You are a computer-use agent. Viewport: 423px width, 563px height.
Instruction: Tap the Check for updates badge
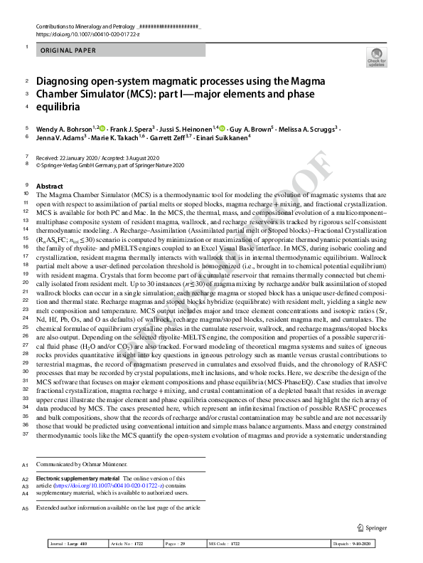click(x=377, y=57)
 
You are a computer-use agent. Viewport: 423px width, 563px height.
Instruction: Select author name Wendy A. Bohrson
click(x=63, y=128)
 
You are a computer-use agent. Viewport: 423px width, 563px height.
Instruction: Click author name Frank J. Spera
click(x=129, y=128)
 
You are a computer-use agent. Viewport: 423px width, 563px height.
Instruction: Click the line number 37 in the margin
click(x=26, y=434)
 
